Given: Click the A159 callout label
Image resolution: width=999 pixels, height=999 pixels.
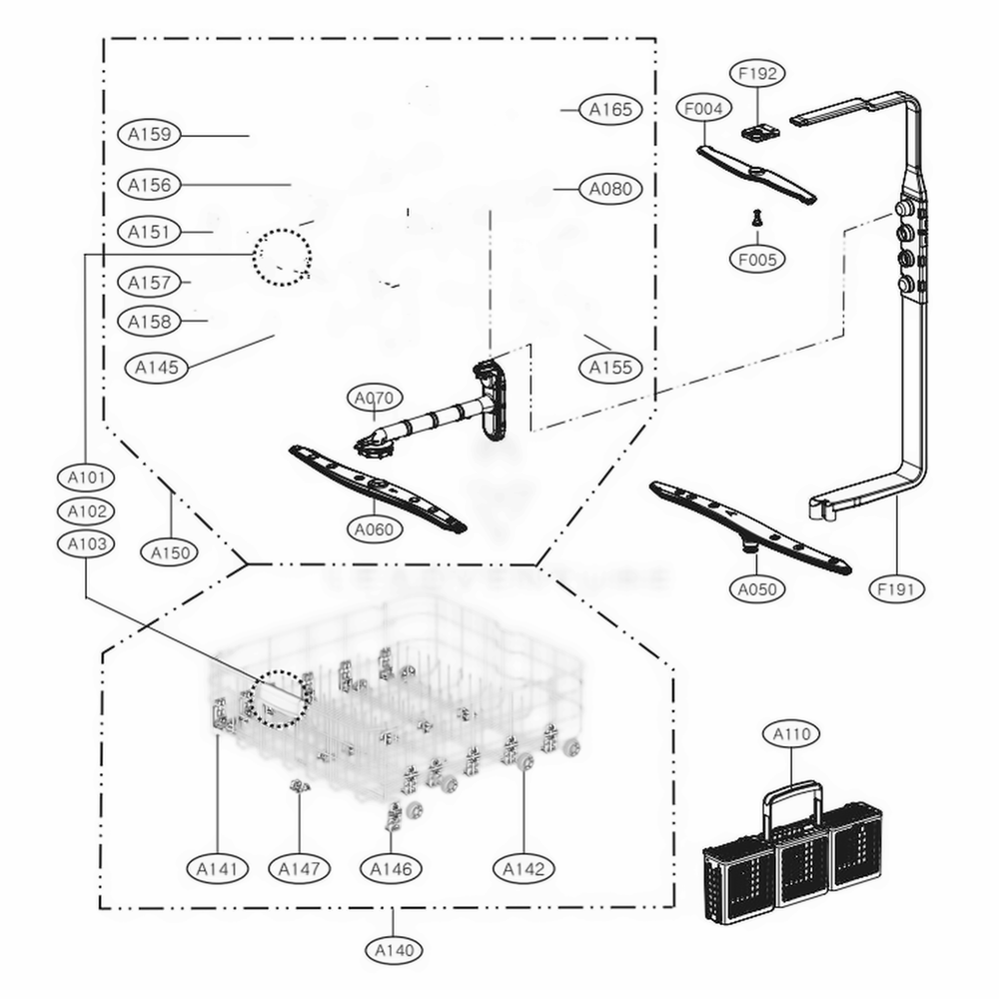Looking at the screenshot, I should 149,134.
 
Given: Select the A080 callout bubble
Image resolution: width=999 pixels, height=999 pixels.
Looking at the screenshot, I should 610,188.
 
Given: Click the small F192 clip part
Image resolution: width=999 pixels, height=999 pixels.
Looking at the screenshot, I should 758,131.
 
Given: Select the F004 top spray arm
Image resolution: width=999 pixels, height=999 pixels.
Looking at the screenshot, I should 756,172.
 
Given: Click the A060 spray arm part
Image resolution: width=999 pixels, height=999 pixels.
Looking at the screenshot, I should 378,488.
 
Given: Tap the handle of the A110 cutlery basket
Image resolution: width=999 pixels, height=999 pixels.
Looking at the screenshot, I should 792,799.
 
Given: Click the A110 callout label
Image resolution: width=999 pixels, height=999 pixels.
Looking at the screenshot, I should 792,734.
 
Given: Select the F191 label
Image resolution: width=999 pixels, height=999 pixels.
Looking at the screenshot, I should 896,589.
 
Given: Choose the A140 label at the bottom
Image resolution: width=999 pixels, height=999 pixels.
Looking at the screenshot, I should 393,950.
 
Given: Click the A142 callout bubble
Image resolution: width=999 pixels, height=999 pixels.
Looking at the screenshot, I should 523,869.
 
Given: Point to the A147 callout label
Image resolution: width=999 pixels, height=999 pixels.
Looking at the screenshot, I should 300,869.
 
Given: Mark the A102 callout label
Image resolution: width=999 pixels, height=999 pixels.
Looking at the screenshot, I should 86,510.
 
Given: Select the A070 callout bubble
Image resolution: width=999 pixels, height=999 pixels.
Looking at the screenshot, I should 374,399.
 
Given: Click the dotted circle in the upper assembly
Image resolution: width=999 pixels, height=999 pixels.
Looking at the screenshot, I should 282,257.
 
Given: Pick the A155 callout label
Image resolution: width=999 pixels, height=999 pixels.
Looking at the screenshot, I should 610,368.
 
